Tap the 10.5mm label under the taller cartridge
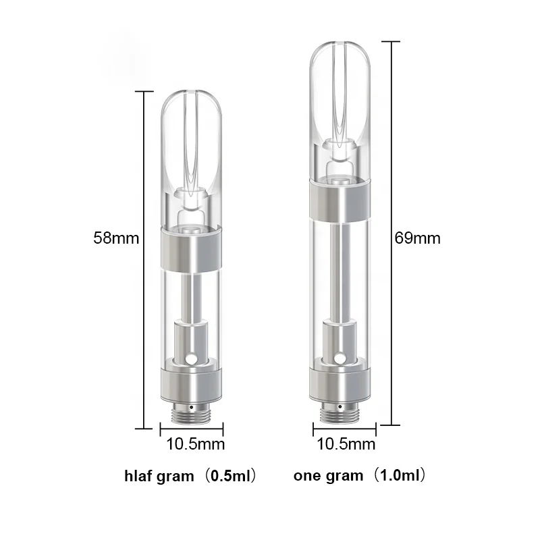point(346,444)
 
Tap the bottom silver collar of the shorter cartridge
point(192,381)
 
